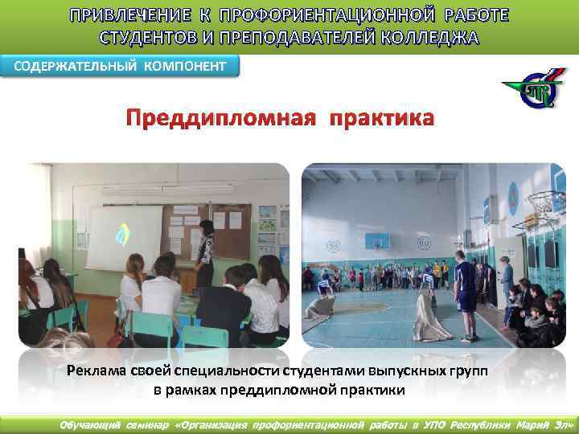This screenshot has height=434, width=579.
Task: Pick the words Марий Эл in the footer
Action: [x=540, y=424]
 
